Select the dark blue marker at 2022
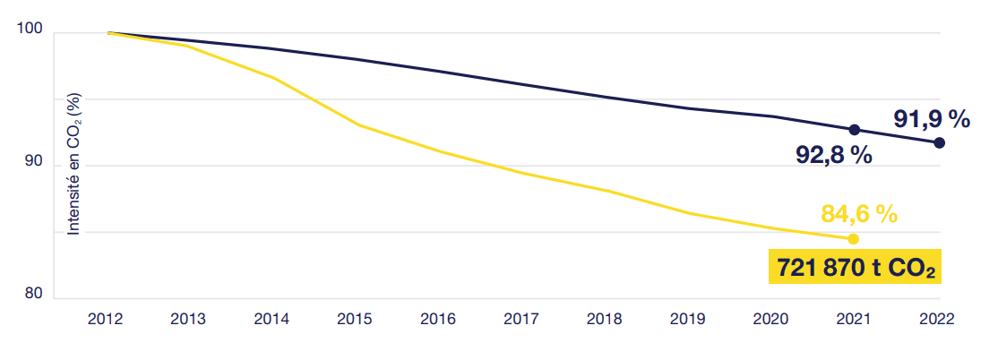point(939,143)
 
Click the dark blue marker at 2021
point(854,130)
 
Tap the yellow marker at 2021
point(853,239)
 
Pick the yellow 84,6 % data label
point(858,214)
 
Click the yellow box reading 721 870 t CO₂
point(856,267)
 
